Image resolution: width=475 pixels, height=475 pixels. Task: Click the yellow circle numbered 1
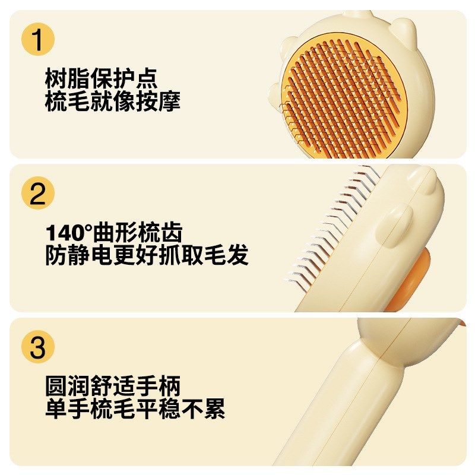click(x=38, y=40)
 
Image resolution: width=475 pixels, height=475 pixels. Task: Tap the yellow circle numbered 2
click(x=38, y=194)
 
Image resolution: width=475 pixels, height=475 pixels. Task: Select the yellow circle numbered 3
click(x=38, y=347)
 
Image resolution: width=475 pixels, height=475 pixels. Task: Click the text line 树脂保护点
click(x=101, y=78)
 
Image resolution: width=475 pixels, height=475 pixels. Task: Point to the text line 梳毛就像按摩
click(x=112, y=101)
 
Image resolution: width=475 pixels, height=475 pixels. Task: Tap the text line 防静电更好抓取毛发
click(x=147, y=255)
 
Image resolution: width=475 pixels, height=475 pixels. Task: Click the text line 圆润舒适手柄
click(x=112, y=387)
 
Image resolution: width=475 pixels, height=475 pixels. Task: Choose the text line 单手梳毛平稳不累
click(x=135, y=409)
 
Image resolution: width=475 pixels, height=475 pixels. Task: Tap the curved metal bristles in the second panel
click(x=332, y=226)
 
